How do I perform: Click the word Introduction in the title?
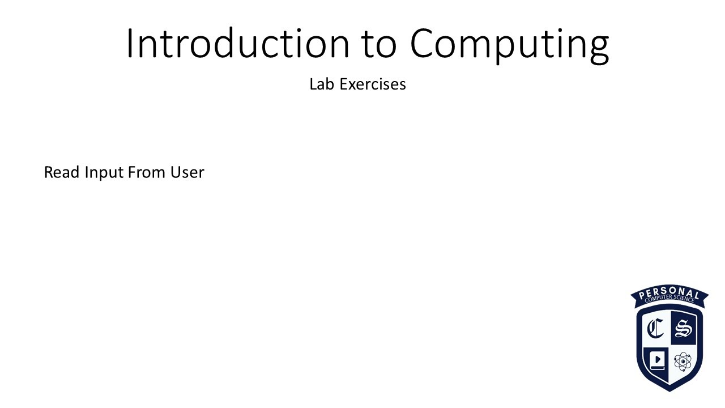pos(237,44)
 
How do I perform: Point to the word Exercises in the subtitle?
pos(373,84)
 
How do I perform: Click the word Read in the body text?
pos(62,172)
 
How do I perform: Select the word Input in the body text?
pos(104,173)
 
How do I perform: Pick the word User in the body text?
pos(187,172)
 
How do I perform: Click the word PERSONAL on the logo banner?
pos(669,293)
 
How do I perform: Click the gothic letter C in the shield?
pos(656,328)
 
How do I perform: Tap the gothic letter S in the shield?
pos(684,328)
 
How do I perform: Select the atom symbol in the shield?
pos(683,361)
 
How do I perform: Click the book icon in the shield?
pos(657,360)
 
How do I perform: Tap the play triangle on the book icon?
pos(658,359)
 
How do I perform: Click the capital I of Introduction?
pos(129,44)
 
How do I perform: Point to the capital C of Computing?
pos(424,44)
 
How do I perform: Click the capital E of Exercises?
pos(343,84)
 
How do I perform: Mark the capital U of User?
pos(176,172)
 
